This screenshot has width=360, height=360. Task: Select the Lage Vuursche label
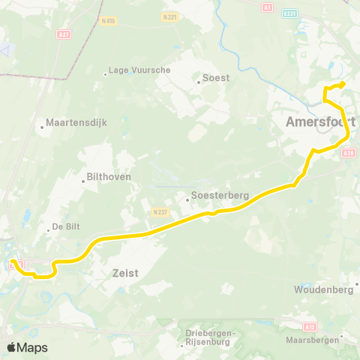tap(139, 70)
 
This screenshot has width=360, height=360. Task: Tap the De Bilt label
tap(65, 227)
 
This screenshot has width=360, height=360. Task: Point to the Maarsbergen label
tap(312, 340)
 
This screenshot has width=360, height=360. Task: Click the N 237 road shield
tap(158, 212)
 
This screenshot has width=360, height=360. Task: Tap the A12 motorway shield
tap(310, 327)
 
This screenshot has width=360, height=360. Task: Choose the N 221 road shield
tap(169, 16)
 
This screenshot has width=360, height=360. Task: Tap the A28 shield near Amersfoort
tap(348, 153)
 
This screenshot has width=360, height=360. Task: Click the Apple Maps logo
tap(27, 347)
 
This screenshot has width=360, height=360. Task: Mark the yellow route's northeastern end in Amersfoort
tap(343, 84)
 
